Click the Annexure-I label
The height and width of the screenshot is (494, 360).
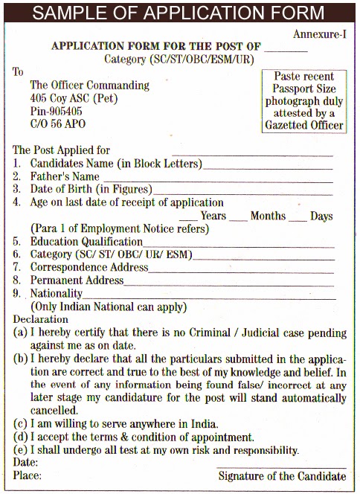coord(319,33)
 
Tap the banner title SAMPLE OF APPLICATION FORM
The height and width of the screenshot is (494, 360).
coord(179,13)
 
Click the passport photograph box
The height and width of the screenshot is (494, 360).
coord(304,101)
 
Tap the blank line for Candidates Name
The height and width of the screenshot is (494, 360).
coord(268,166)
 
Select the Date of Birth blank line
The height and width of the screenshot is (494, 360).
coord(242,193)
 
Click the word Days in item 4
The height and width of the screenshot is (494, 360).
coord(321,216)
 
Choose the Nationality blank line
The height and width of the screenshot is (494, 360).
coord(208,296)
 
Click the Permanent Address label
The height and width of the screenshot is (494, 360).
coord(77,280)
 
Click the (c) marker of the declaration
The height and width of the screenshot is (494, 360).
coord(21,423)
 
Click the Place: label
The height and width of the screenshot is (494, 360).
coord(28,476)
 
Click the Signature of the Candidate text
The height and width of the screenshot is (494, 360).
coord(282,476)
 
